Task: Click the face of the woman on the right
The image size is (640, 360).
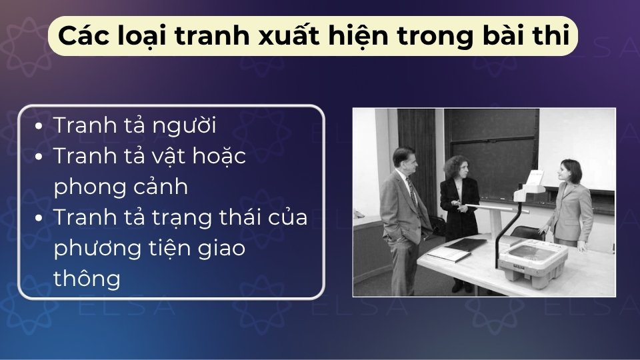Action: pyautogui.click(x=568, y=171)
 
